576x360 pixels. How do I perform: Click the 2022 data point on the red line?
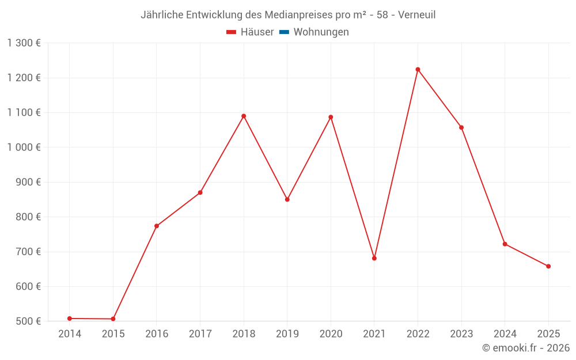[418, 70]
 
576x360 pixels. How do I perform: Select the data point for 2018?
[244, 116]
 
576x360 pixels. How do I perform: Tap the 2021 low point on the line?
[374, 258]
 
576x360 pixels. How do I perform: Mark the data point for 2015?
[113, 319]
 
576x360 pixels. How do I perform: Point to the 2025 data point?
[548, 266]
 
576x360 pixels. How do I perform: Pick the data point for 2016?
[157, 226]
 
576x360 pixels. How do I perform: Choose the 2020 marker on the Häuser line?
[331, 117]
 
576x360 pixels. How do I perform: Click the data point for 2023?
[461, 127]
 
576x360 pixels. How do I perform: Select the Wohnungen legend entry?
[321, 32]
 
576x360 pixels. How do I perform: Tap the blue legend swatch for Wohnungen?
[284, 32]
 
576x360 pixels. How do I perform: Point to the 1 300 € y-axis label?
[24, 43]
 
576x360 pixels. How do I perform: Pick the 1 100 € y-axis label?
[24, 113]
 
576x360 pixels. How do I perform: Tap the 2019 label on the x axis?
[287, 334]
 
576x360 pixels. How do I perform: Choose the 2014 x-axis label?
[70, 334]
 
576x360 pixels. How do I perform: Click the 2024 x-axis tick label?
[505, 334]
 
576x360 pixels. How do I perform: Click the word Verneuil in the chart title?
[416, 15]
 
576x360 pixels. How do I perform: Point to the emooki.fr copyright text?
[526, 348]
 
